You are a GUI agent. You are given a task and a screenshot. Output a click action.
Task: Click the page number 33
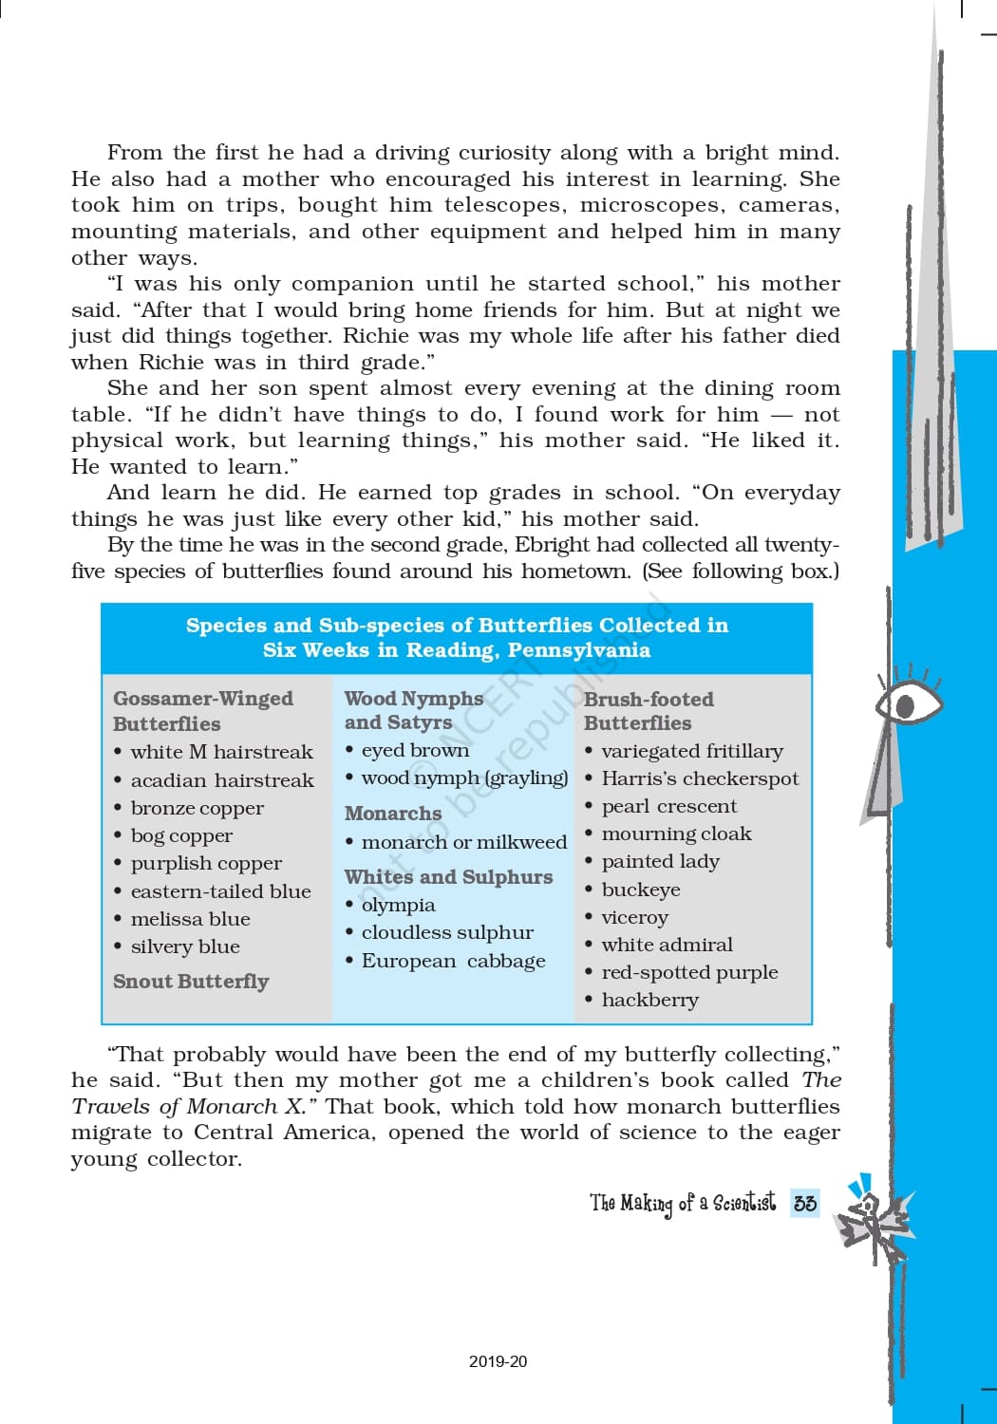[805, 1203]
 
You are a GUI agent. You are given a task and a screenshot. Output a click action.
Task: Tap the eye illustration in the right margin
[907, 704]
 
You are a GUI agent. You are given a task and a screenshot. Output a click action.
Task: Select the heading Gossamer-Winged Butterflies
[202, 710]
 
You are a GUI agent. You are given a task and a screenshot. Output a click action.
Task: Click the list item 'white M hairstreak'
[221, 752]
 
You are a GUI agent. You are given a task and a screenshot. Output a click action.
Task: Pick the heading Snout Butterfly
[191, 981]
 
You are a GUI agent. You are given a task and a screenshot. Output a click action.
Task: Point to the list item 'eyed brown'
[415, 750]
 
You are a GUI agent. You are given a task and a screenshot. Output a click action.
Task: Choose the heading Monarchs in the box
[393, 814]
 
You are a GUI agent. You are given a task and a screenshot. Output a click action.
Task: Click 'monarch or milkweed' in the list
[463, 842]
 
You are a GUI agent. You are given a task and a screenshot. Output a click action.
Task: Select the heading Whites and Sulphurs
[448, 877]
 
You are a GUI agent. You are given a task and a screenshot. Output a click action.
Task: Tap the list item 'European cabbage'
[453, 961]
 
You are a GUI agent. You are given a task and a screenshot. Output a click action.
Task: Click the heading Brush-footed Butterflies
[649, 710]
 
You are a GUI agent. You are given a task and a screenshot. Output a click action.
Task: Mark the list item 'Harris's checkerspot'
[700, 778]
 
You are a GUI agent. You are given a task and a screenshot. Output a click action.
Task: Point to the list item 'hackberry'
[649, 1000]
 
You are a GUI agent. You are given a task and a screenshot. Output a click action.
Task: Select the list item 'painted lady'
[660, 861]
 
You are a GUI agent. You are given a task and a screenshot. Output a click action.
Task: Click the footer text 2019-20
[498, 1361]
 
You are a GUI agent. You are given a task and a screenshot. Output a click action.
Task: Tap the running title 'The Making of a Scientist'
[682, 1203]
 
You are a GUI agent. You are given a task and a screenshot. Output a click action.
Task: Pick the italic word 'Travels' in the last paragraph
[109, 1107]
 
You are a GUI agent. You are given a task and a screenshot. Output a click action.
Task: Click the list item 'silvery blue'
[184, 946]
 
